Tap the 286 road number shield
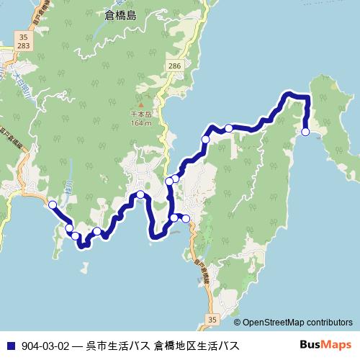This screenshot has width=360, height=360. [173, 66]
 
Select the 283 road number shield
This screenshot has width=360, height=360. [24, 45]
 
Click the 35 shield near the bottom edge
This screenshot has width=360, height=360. [211, 319]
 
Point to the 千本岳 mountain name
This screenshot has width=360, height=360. [141, 114]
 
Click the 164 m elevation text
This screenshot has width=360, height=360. [141, 123]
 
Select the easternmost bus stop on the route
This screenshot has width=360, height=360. [306, 132]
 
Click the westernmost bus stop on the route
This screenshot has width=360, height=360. [53, 205]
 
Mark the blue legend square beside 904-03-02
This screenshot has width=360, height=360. [9, 345]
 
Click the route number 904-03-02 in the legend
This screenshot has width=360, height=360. [45, 345]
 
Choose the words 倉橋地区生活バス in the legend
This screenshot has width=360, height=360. [196, 345]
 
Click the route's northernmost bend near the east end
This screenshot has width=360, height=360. [289, 94]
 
